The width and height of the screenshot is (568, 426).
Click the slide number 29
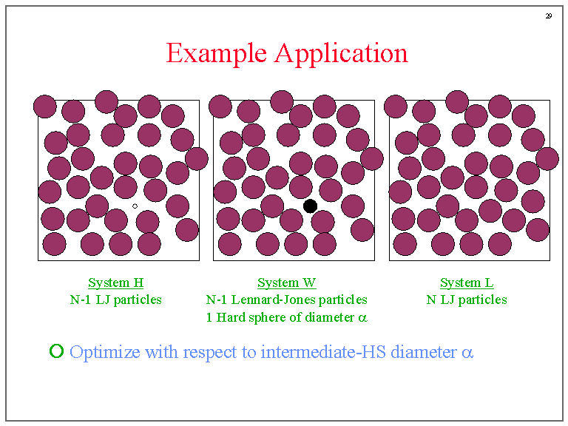549,16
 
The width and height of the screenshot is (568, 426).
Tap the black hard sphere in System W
311,206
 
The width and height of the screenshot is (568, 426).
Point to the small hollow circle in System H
135,206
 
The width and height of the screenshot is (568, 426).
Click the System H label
115,283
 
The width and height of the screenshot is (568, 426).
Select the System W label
287,283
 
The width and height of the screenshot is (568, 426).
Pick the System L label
467,283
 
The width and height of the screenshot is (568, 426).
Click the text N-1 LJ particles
115,300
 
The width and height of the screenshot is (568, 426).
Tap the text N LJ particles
467,300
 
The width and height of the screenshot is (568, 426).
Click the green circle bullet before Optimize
56,351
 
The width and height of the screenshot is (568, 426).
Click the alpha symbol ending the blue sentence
467,353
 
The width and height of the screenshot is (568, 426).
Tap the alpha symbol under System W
362,319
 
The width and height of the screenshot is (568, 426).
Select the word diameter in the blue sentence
424,352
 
